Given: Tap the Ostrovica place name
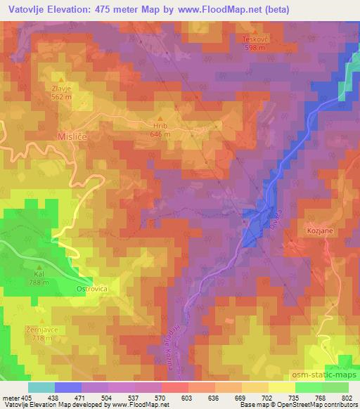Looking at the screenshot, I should pos(89,288).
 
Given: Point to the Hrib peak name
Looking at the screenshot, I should pos(161,126).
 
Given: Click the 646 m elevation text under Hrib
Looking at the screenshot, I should pos(161,134).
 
